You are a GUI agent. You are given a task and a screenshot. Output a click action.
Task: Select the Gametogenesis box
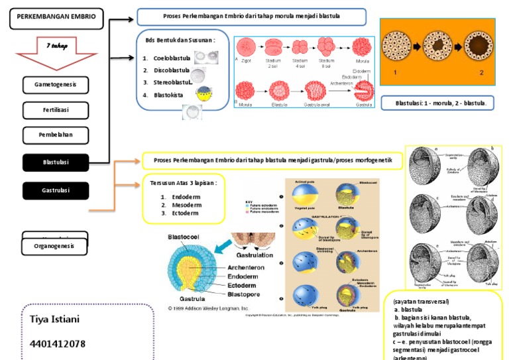point(56,86)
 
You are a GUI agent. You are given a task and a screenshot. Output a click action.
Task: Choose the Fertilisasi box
point(56,110)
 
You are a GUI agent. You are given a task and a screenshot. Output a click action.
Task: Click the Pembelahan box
point(56,135)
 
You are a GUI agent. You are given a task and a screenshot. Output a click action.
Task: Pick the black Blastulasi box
point(56,162)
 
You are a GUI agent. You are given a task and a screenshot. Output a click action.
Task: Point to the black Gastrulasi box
point(56,190)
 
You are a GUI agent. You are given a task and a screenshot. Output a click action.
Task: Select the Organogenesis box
point(56,246)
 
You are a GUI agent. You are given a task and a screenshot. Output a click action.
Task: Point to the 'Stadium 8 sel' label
point(327,63)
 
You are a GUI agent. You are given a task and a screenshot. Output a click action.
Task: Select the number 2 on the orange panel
point(482,72)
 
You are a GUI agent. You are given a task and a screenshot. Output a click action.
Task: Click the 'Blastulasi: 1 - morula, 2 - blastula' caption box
point(437,103)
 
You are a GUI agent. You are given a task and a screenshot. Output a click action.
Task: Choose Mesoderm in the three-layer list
point(186,205)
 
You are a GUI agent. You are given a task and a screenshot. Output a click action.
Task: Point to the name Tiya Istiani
point(55,320)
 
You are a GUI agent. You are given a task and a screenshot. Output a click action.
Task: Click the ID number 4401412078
point(58,343)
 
